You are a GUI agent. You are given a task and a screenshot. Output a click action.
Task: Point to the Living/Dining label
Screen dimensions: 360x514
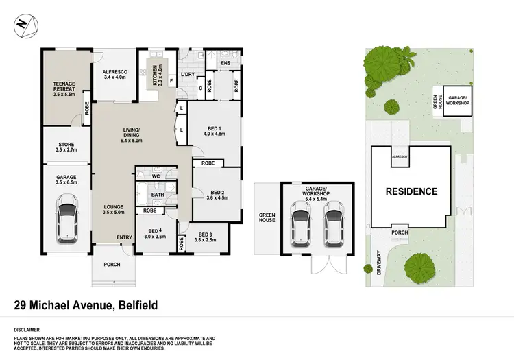click(x=132, y=134)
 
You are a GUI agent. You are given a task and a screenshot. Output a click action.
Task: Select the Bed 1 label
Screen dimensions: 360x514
click(x=215, y=130)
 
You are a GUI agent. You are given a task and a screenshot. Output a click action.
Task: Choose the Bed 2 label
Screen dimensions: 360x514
click(x=216, y=194)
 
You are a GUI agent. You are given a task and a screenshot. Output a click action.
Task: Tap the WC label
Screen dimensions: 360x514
click(x=156, y=176)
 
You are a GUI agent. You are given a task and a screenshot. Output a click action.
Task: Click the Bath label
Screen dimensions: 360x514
click(x=157, y=195)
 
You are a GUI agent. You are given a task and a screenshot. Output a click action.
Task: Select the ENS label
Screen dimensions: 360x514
click(x=225, y=63)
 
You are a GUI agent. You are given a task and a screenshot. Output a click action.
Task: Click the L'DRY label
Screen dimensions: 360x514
click(x=188, y=75)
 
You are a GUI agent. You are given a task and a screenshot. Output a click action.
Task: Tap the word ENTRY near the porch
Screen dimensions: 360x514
click(x=124, y=237)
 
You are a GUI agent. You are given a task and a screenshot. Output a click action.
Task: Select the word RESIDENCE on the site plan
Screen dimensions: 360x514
click(x=411, y=191)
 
